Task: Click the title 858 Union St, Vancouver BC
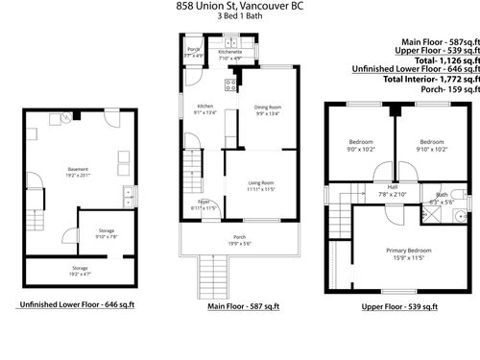[x=239, y=6]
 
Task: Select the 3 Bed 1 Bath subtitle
[x=239, y=17]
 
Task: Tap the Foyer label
[x=204, y=202]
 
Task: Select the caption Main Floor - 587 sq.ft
[x=243, y=306]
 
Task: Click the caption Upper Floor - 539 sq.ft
[x=400, y=306]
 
